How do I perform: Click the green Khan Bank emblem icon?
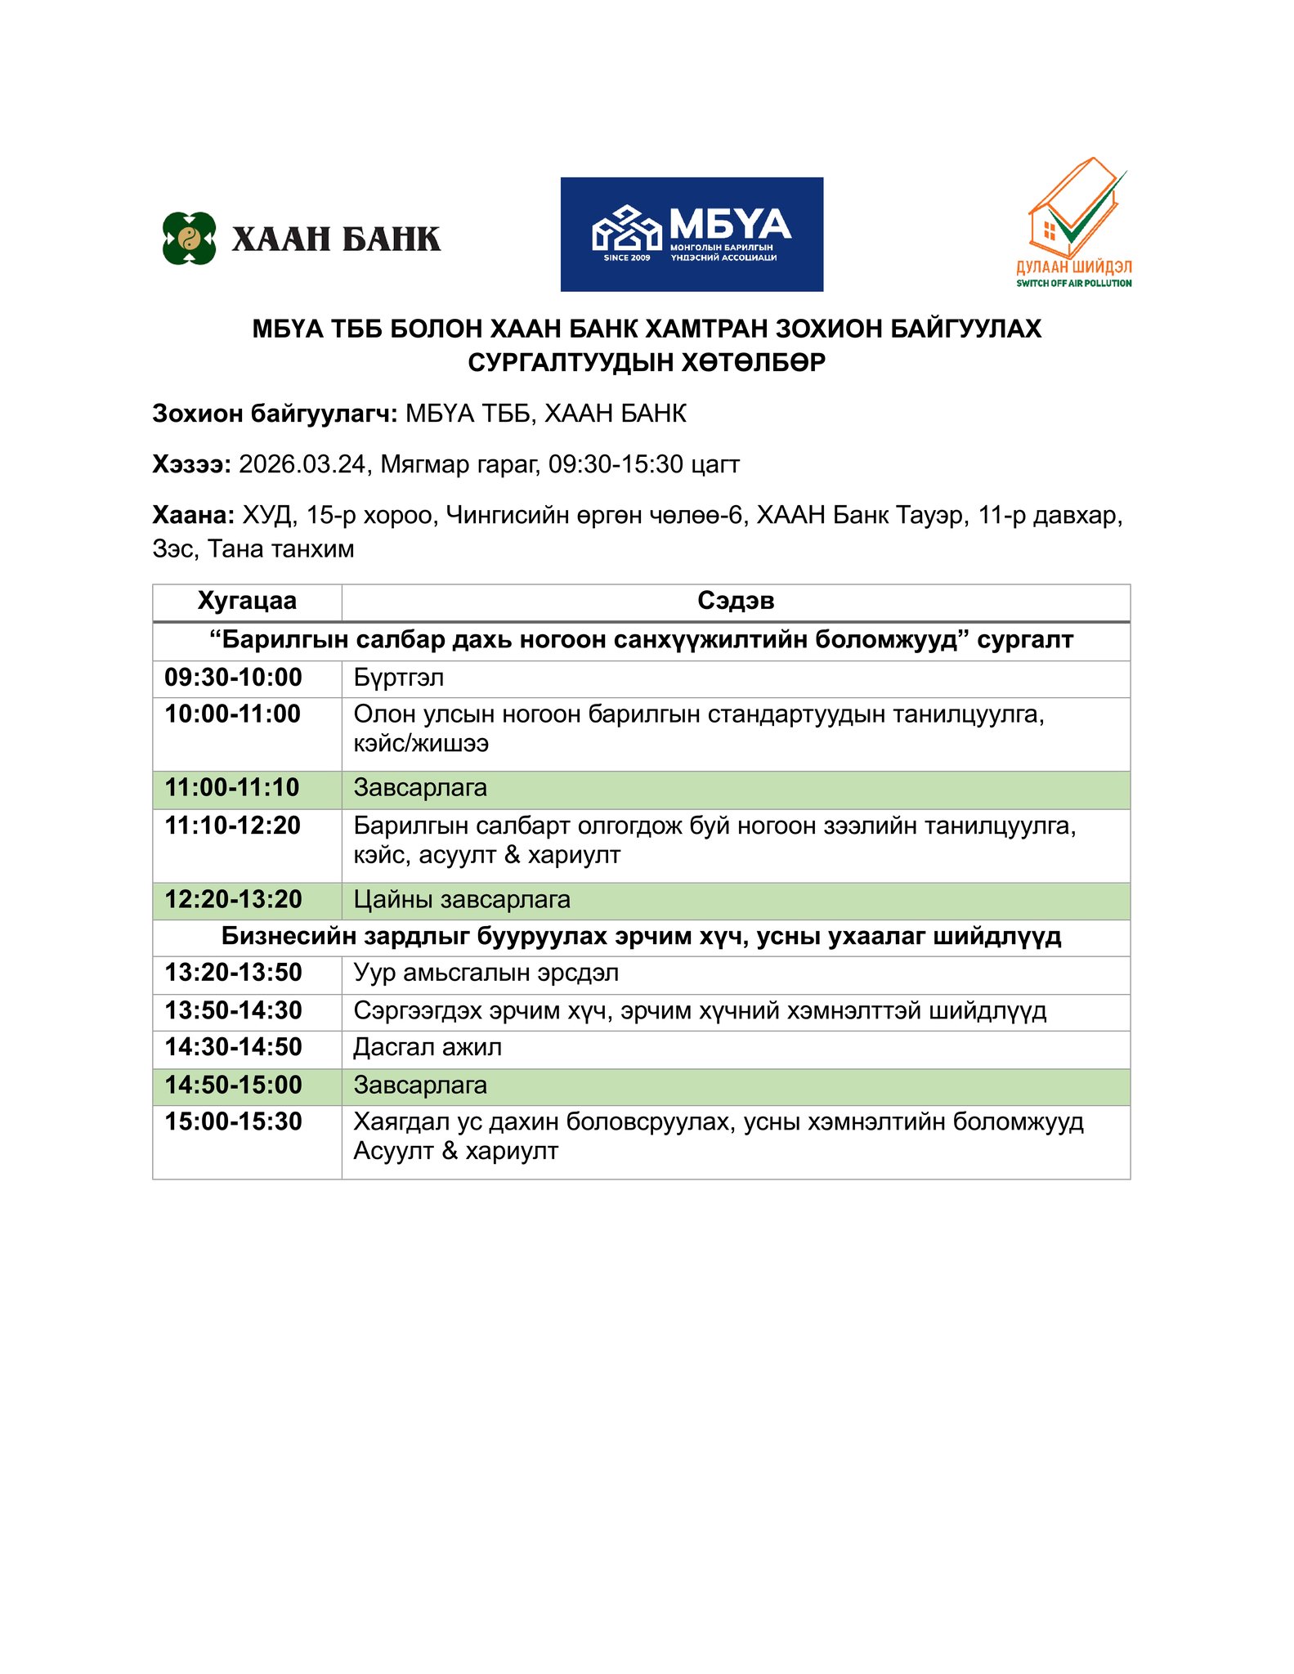[x=189, y=238]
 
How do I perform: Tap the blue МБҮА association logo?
[x=692, y=235]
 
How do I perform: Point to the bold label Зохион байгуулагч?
[x=275, y=414]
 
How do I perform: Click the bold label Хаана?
[x=194, y=515]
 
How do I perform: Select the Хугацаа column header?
[x=247, y=601]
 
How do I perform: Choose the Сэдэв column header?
[x=736, y=601]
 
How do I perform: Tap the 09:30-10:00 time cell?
[x=234, y=678]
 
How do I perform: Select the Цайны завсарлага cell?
[x=462, y=900]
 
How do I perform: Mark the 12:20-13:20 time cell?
[x=234, y=900]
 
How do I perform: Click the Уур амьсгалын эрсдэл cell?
[x=486, y=973]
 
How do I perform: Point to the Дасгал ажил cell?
[x=428, y=1047]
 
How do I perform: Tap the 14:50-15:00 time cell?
[x=234, y=1085]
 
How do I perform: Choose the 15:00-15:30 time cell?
[x=234, y=1121]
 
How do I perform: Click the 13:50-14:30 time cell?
[x=234, y=1011]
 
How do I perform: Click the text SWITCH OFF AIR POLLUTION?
[x=1074, y=284]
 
